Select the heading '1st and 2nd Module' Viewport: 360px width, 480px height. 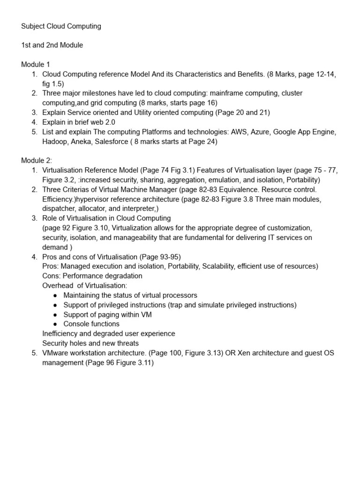coord(52,45)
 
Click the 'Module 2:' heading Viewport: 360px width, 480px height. coord(37,160)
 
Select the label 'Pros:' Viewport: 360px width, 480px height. coord(51,266)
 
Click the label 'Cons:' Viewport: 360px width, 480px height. coord(52,276)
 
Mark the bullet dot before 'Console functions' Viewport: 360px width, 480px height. coord(55,324)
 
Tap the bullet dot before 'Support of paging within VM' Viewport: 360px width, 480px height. coord(55,315)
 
